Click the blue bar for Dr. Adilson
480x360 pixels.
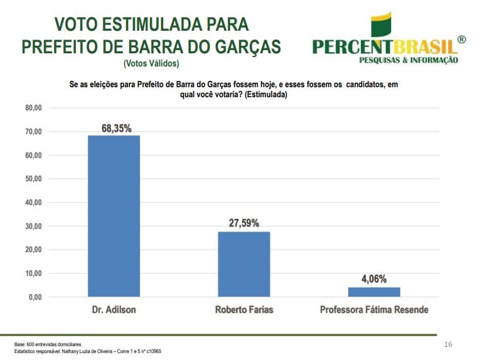(x=114, y=216)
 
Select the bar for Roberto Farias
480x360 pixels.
(x=243, y=264)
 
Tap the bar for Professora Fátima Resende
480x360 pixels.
(x=374, y=292)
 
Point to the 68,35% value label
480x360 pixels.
(x=116, y=128)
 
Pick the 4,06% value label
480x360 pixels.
(x=374, y=278)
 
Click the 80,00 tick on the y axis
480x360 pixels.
(x=33, y=108)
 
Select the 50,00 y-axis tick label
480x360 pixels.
(x=33, y=179)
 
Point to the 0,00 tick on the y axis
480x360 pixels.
(x=35, y=297)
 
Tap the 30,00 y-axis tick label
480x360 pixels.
(x=33, y=226)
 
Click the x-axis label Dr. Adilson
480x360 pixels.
(x=114, y=310)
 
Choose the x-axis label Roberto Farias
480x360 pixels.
(x=244, y=310)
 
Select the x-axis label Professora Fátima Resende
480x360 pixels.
(x=374, y=310)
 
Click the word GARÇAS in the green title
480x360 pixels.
(x=243, y=46)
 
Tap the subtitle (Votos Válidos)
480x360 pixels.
(x=151, y=63)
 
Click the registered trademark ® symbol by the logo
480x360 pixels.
(x=462, y=40)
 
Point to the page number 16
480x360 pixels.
(x=448, y=344)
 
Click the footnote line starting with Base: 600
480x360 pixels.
(x=48, y=344)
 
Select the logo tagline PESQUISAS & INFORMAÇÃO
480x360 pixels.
(x=408, y=60)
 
